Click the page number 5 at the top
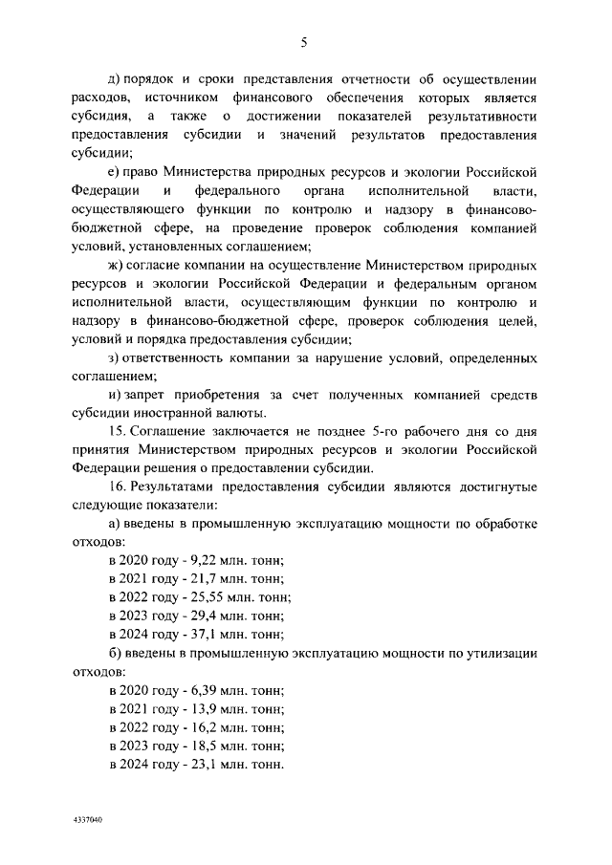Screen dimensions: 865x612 [x=303, y=41]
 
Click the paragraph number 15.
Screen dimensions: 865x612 [x=118, y=431]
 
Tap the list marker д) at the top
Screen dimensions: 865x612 [x=116, y=79]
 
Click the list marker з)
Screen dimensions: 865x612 [x=116, y=358]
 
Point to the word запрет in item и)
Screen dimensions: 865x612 [x=149, y=395]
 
